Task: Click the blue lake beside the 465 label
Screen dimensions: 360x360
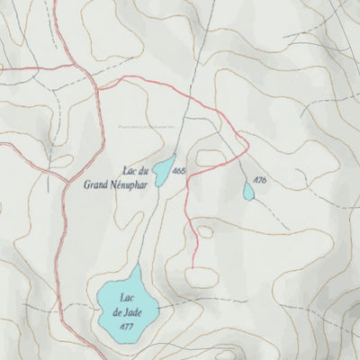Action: [163, 169]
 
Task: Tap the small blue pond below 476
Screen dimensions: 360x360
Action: [248, 191]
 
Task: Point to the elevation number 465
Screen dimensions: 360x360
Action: [179, 170]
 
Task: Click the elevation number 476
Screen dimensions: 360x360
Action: [260, 181]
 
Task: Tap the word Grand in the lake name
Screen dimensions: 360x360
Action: [96, 187]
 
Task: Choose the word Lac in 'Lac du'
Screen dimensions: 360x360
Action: [129, 170]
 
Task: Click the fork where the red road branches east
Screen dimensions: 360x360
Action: [97, 89]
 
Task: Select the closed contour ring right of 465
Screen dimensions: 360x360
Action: [209, 158]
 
